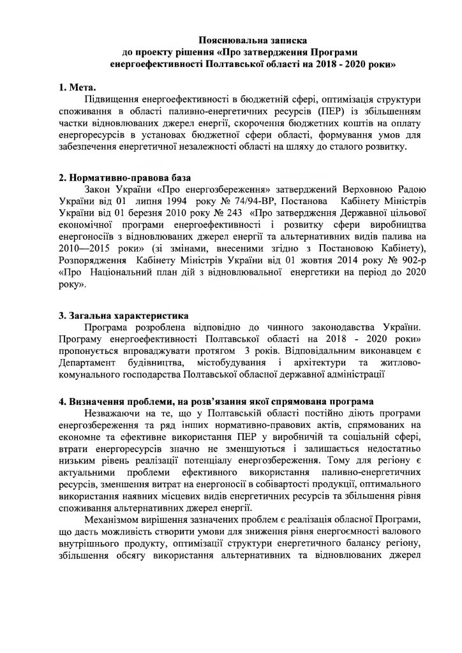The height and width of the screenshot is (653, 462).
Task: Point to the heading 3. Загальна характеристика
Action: [120, 315]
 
